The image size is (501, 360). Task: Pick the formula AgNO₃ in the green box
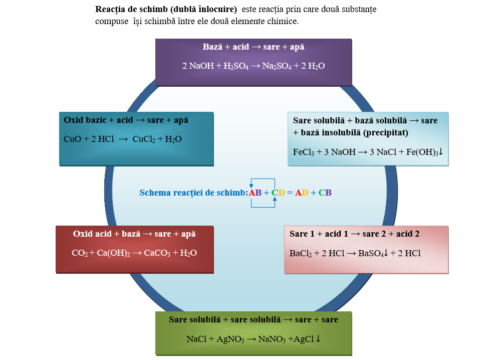(x=230, y=339)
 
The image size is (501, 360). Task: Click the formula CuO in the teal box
(x=73, y=139)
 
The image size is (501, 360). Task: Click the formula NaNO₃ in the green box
(x=270, y=339)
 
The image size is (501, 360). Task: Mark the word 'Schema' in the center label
(x=155, y=193)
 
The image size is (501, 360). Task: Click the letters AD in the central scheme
(x=302, y=193)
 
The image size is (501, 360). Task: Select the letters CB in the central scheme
(x=325, y=193)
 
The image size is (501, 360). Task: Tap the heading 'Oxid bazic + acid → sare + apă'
(x=126, y=120)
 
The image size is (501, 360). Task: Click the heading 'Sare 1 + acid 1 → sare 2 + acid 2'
(x=355, y=234)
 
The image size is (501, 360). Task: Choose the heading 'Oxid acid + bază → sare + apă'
(x=134, y=234)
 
